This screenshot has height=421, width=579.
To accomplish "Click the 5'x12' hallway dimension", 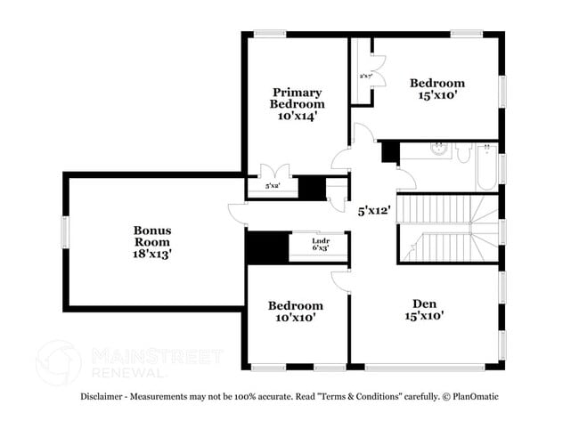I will point(374,212).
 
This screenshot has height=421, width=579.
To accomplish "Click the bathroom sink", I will point(437,149).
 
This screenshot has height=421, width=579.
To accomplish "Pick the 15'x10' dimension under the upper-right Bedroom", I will point(436,96).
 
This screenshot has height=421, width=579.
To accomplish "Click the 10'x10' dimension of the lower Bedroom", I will point(295,317).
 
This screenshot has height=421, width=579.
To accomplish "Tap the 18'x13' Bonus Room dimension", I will point(152,253).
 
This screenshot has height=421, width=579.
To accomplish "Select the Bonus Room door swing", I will point(235,211).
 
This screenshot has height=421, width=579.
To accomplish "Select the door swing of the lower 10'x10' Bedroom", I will point(339,280).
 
